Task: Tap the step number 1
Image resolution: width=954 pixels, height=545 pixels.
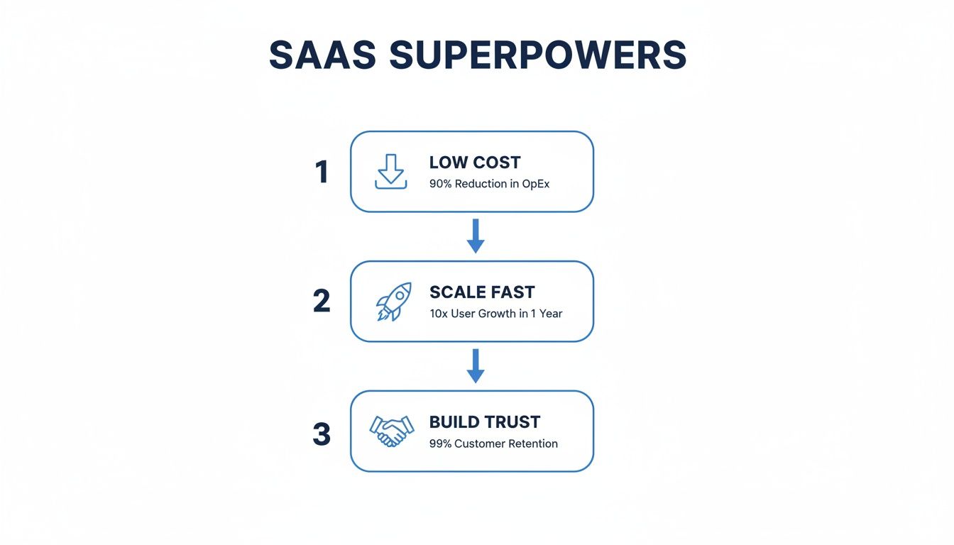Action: click(x=322, y=172)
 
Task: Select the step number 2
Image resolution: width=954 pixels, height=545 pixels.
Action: click(x=322, y=302)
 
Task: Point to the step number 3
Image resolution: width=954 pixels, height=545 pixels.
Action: click(x=322, y=434)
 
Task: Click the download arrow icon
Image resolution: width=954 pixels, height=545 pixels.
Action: click(x=391, y=172)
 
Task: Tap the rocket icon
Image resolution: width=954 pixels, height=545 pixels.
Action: click(x=393, y=302)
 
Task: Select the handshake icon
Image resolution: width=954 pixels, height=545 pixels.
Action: click(x=391, y=431)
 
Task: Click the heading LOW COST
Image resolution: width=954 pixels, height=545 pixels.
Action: click(x=475, y=163)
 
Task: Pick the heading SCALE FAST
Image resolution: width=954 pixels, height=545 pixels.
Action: click(x=482, y=292)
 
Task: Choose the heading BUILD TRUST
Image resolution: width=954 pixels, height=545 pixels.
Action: click(x=485, y=422)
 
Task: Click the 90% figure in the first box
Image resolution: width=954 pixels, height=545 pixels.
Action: click(x=440, y=184)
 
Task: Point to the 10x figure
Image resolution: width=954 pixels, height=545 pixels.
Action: click(x=438, y=314)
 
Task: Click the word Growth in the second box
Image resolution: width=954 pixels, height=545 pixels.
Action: click(x=497, y=314)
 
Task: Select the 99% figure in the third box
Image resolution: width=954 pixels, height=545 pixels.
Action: click(x=440, y=444)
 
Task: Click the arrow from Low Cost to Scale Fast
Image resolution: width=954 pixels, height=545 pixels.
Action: click(x=476, y=236)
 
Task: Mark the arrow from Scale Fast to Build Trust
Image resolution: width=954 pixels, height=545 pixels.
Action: click(x=476, y=365)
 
